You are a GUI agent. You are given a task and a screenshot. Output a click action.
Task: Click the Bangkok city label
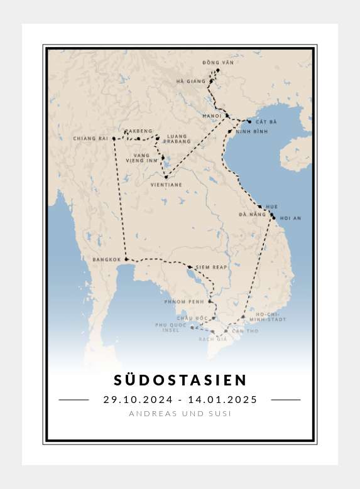[x=106, y=259]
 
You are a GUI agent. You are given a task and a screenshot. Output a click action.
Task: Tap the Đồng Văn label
[x=215, y=63]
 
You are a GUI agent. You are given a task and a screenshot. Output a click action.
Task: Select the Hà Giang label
[x=191, y=81]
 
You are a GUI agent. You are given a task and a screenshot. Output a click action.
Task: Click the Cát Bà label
[x=262, y=121]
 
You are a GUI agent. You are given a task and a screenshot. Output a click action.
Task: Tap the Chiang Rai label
[x=91, y=138]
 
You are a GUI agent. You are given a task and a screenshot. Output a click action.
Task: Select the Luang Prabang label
[x=178, y=139]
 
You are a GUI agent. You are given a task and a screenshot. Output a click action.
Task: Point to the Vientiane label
[x=166, y=185]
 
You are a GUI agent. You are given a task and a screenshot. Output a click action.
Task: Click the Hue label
[x=271, y=207]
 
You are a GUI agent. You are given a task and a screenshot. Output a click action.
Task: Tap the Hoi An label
[x=290, y=218]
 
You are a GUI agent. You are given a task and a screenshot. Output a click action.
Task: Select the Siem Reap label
[x=211, y=267]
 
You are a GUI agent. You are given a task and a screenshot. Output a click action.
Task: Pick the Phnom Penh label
[x=183, y=302]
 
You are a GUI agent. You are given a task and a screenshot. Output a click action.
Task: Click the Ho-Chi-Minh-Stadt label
[x=271, y=316]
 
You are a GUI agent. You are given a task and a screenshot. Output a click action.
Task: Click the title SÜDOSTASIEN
[x=180, y=380]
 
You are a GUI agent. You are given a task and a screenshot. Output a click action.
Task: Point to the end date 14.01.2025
[x=222, y=400]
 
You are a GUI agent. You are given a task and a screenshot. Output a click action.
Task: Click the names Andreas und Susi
[x=180, y=414]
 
